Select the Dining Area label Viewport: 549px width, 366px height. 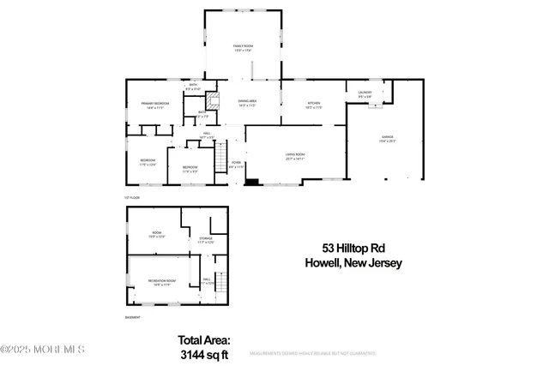247,103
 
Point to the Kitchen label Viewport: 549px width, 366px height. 314,105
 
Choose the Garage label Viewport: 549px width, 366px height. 388,138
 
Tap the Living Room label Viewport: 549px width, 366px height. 295,156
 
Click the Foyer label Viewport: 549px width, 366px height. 236,164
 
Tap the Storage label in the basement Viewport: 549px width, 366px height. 205,240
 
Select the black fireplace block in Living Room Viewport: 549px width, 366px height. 251,181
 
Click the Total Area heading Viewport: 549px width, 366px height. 204,339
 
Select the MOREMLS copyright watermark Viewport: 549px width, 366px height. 43,349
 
